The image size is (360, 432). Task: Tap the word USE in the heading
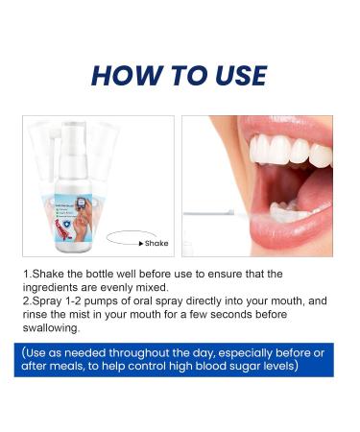pos(234,75)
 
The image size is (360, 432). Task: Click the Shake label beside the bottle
pos(156,244)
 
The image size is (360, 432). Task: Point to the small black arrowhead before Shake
pos(142,244)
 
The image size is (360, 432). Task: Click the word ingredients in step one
pos(58,287)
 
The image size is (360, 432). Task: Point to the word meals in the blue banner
pos(73,366)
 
